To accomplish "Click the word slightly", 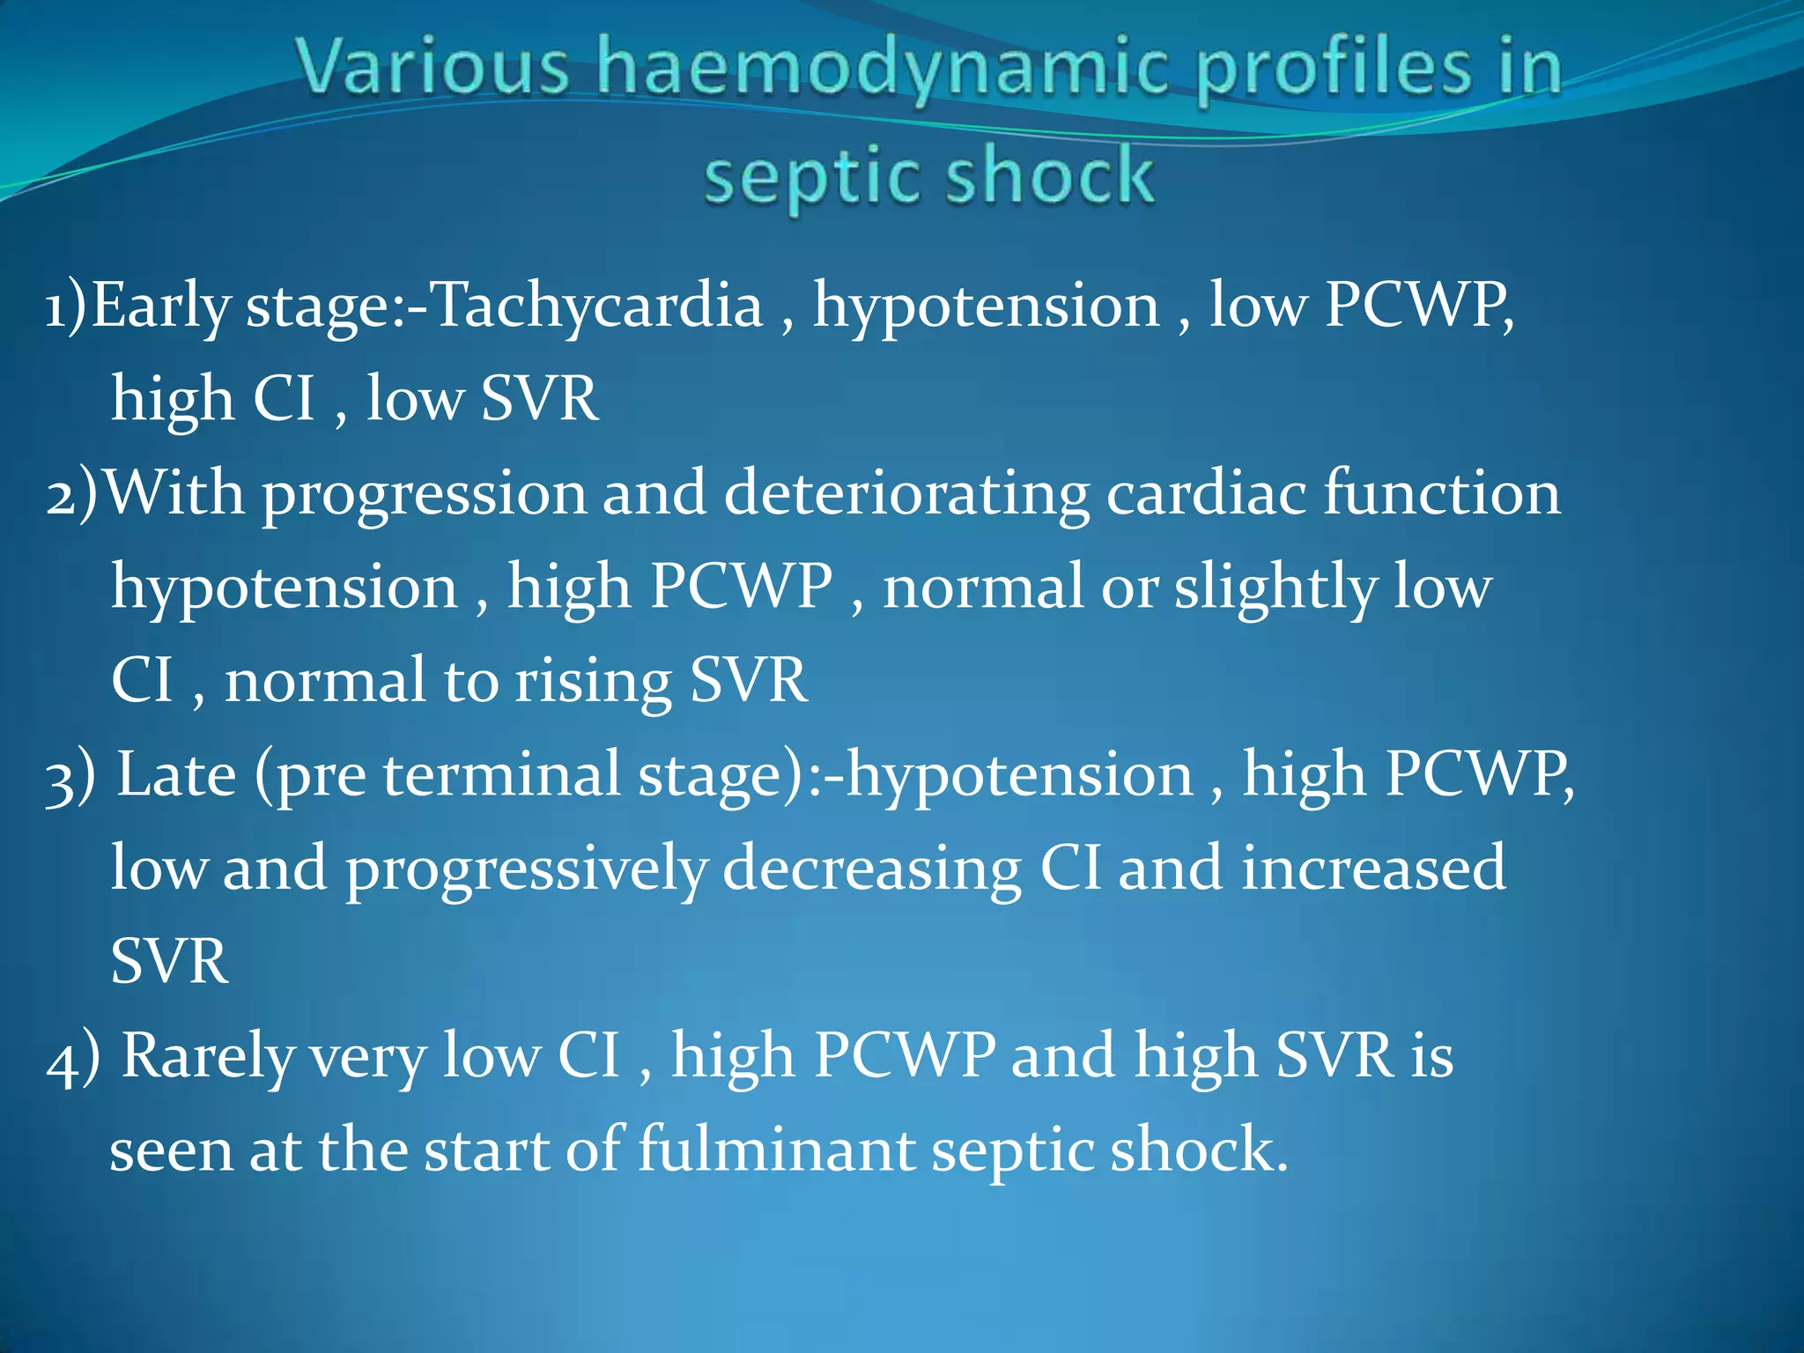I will [x=1275, y=588].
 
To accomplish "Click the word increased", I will [x=1373, y=869].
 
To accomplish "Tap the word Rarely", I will [x=207, y=1057].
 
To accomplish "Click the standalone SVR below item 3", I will [x=169, y=962].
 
